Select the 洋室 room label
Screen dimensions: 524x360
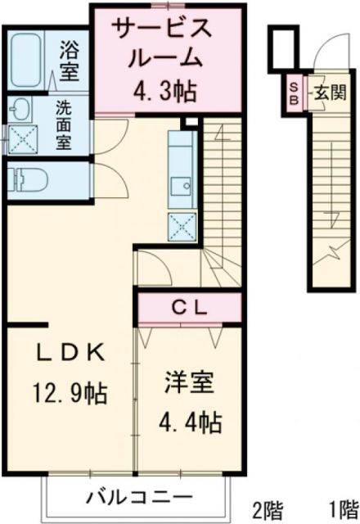tap(189, 382)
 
